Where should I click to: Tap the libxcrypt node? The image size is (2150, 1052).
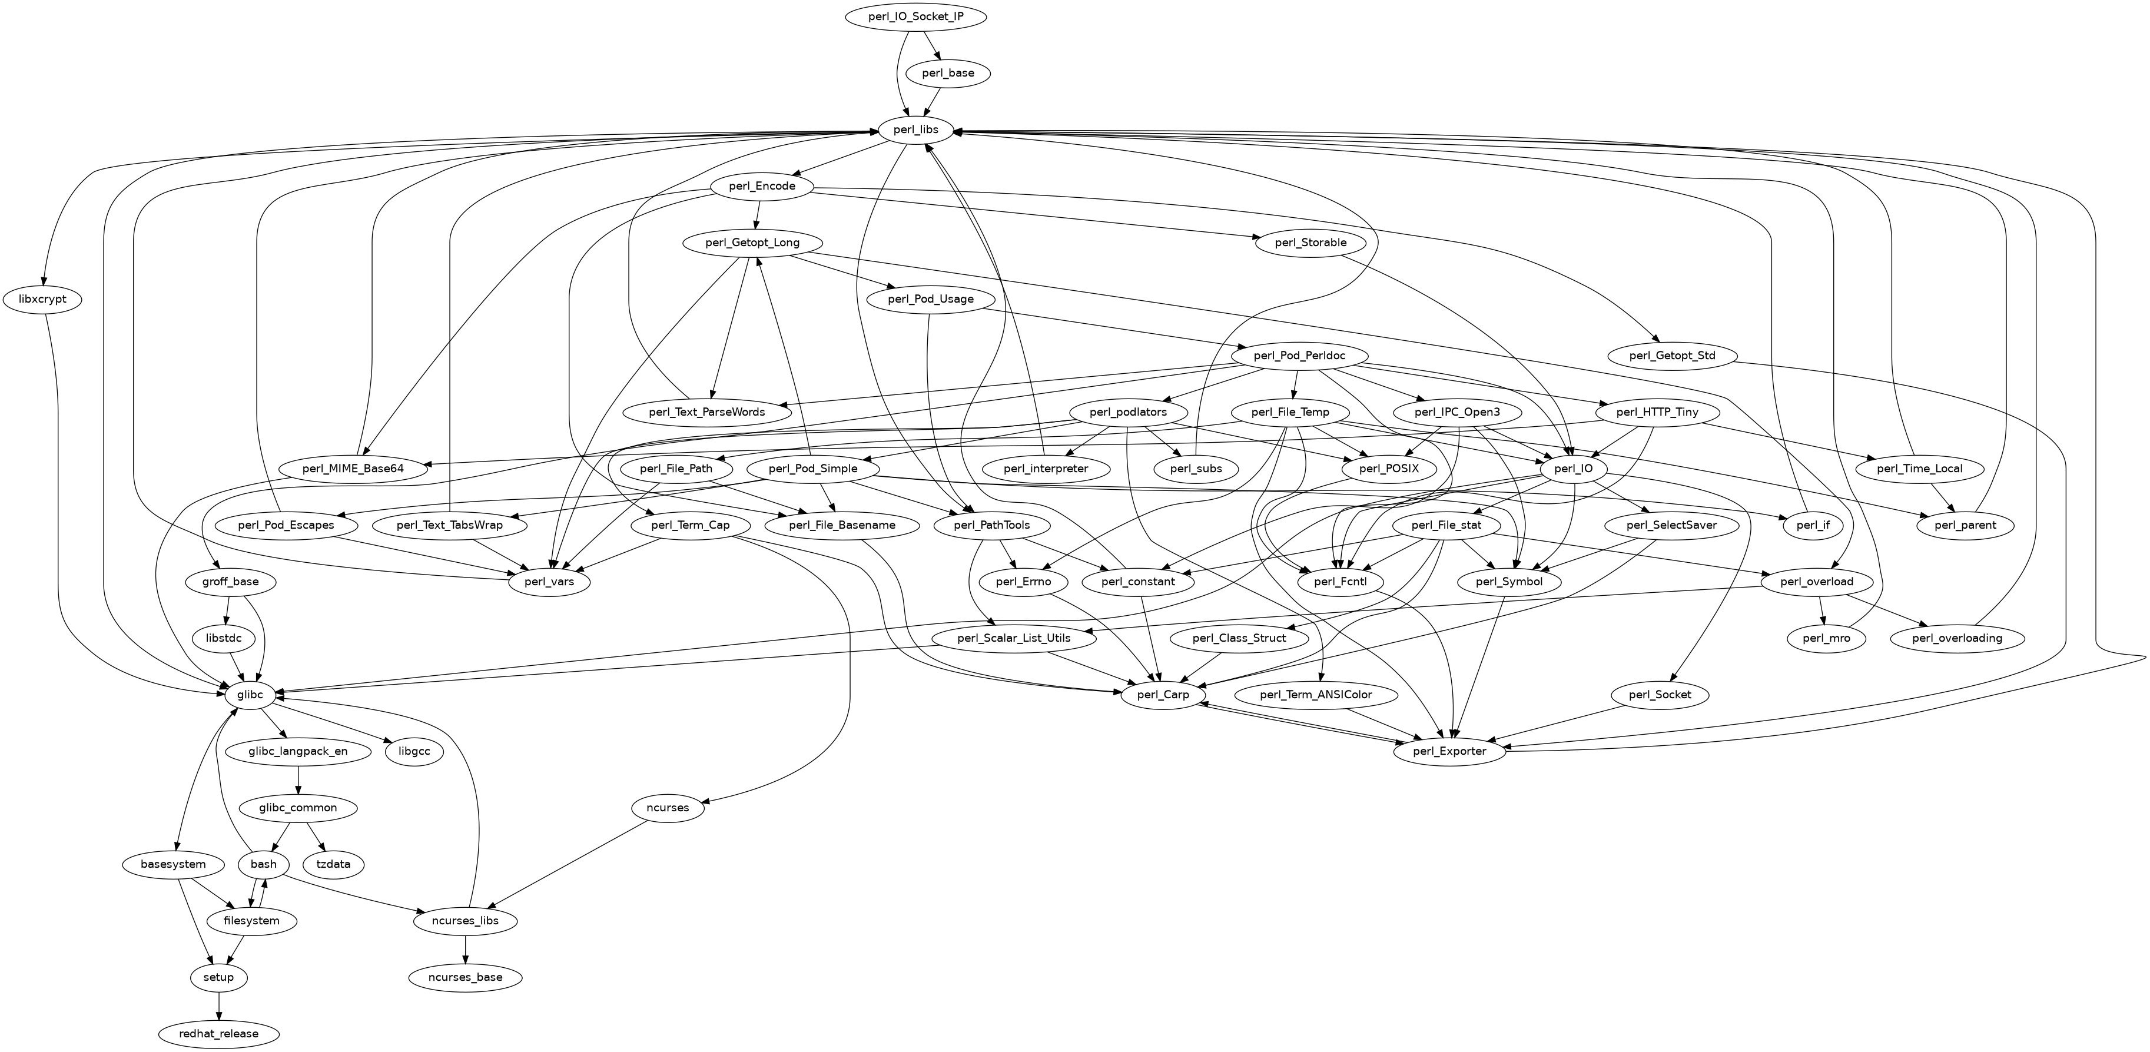pos(42,299)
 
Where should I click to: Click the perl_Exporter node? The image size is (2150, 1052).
pos(1451,751)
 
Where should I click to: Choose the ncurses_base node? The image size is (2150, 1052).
pos(466,977)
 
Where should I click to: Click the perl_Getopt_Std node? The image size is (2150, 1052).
pos(1672,356)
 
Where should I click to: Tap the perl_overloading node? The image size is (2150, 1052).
pos(1956,639)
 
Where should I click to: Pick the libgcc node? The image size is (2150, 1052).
pos(414,751)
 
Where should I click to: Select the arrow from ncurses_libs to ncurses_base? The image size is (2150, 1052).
pos(466,950)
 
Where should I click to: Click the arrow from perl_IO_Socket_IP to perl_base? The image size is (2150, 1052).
pos(935,45)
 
